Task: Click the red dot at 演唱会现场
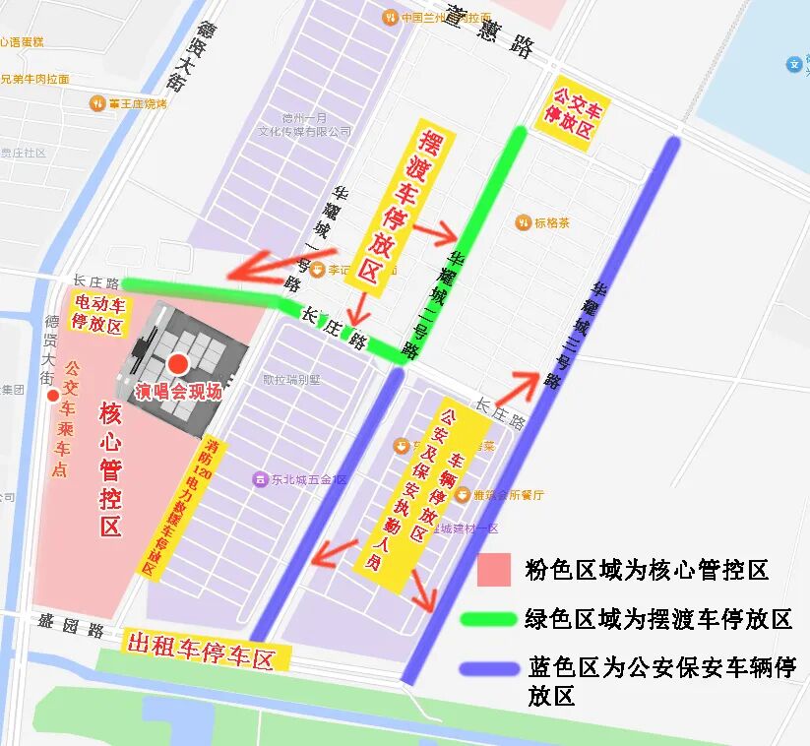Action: (178, 365)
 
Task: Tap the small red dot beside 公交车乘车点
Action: (53, 396)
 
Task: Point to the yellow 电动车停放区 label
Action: (98, 314)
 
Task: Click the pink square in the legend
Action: (493, 570)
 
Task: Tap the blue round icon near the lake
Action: (794, 64)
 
